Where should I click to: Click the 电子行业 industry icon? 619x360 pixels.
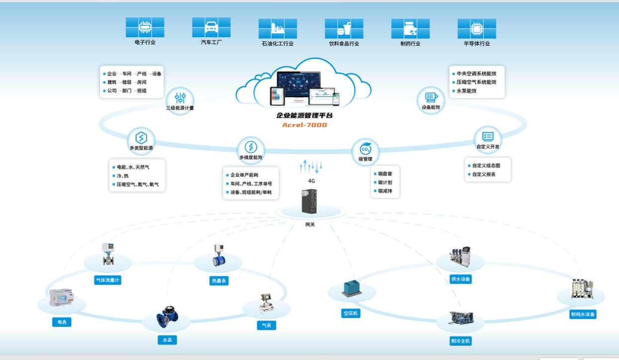pos(145,27)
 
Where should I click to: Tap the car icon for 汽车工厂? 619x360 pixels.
pos(211,27)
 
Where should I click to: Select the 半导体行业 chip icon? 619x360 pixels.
pos(476,28)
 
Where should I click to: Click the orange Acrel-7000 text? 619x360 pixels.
pos(305,125)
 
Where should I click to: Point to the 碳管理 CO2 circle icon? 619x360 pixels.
pos(365,149)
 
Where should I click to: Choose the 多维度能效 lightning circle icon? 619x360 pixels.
pos(251,147)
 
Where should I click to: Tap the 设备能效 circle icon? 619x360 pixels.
pos(430,97)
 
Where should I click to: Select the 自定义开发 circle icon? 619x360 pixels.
pos(487,137)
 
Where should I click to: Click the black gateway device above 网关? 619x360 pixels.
pos(309,202)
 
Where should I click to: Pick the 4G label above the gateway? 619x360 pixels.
pos(311,181)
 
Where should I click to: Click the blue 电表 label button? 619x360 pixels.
pos(62,322)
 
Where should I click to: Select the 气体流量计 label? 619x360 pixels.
pos(107,280)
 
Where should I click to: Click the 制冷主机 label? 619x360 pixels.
pos(461,341)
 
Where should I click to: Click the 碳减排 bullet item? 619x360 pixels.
pos(386,191)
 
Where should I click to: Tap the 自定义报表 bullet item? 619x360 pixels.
pos(484,175)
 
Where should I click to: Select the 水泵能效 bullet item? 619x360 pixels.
pos(466,91)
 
